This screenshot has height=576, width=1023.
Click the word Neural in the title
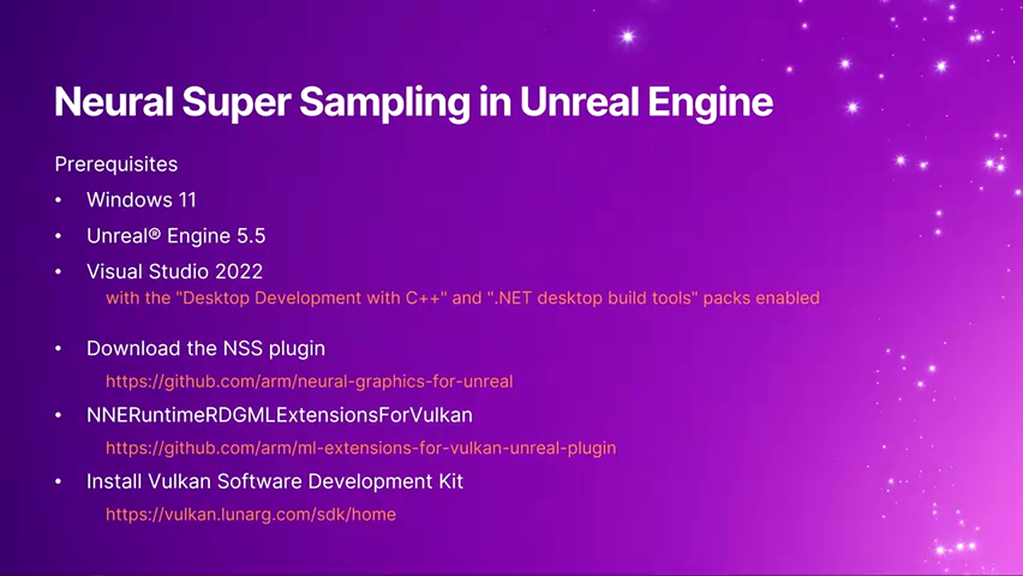tap(113, 102)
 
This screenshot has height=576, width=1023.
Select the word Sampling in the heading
tap(384, 104)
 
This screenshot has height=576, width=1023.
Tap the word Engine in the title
tap(711, 104)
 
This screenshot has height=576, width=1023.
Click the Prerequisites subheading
tap(116, 165)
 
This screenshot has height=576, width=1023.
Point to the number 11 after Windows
tap(188, 200)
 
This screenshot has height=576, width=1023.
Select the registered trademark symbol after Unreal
tap(155, 233)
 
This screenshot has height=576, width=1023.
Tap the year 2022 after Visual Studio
tap(238, 271)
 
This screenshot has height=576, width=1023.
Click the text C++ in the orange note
tap(423, 298)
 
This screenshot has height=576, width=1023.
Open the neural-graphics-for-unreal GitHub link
tap(309, 382)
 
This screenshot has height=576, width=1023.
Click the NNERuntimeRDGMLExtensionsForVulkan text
tap(280, 415)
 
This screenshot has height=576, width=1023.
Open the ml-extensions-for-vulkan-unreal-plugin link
tap(360, 448)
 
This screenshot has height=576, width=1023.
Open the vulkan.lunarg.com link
tap(251, 514)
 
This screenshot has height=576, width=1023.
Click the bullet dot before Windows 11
tap(58, 200)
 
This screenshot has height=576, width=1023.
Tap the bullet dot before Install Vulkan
tap(58, 482)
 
